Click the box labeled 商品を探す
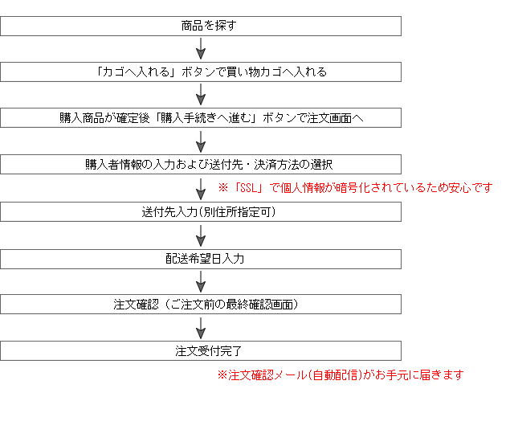click(201, 26)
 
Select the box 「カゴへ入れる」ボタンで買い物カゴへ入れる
click(201, 72)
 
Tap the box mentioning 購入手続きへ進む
click(201, 117)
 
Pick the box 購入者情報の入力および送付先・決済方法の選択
click(201, 164)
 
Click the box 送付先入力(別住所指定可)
click(201, 212)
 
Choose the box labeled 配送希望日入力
click(201, 259)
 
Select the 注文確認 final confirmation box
click(201, 305)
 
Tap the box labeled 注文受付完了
click(201, 351)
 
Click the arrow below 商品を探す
click(201, 48)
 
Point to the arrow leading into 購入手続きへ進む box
click(201, 95)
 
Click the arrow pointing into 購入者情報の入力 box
click(201, 141)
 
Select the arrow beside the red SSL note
click(201, 189)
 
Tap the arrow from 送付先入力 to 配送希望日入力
click(201, 235)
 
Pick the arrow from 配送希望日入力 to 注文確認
click(201, 282)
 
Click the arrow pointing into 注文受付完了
click(201, 328)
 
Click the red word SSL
click(248, 188)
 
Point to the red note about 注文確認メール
click(341, 374)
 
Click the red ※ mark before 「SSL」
click(223, 188)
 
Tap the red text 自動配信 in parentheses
click(335, 374)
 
